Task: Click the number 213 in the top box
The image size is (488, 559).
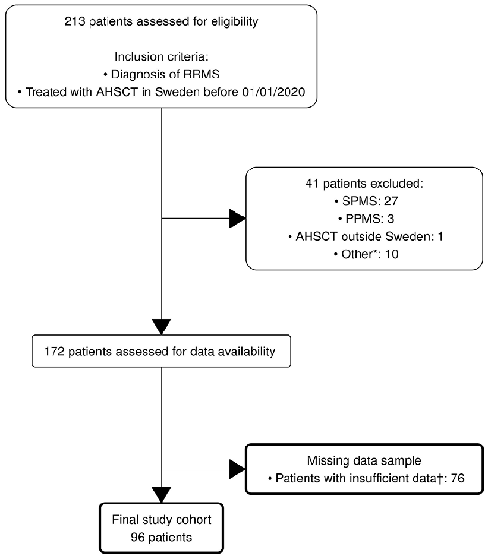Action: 75,21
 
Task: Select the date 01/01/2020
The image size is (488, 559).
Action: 273,92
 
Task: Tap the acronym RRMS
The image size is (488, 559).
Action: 201,74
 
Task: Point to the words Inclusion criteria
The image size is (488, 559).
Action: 161,56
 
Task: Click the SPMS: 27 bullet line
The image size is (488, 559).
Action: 366,201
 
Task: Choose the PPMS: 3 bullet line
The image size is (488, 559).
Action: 366,219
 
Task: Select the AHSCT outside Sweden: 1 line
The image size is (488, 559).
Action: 366,236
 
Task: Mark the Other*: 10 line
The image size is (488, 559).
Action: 366,254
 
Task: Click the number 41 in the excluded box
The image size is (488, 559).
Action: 312,184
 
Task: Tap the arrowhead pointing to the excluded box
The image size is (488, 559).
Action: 238,218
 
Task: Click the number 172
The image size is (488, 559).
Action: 54,352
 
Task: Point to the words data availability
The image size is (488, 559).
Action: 232,352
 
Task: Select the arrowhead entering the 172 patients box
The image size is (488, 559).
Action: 162,327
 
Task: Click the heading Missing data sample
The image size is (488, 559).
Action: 364,460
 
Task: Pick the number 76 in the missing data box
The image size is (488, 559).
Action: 458,478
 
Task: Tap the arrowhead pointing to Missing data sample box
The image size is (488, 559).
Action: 238,469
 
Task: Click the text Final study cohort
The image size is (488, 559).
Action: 162,520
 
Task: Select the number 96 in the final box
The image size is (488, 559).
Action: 137,537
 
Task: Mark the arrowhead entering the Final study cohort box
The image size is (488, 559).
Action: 162,495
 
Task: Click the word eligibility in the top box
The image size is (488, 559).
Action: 235,22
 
